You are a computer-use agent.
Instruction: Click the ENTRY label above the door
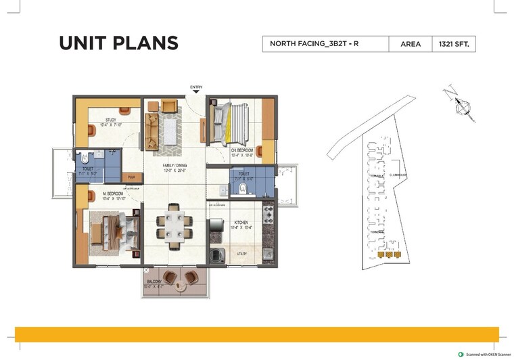click(196, 87)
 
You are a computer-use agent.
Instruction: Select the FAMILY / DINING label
click(174, 166)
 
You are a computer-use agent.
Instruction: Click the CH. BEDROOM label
click(241, 150)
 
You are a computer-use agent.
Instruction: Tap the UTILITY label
click(241, 254)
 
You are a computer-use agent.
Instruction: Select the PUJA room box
click(131, 178)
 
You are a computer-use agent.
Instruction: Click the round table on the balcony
click(180, 286)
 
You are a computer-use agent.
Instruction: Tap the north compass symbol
click(460, 105)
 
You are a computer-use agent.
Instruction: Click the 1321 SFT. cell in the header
click(459, 44)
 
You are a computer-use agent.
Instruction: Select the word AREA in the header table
click(411, 44)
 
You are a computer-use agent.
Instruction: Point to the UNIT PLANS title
click(119, 43)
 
